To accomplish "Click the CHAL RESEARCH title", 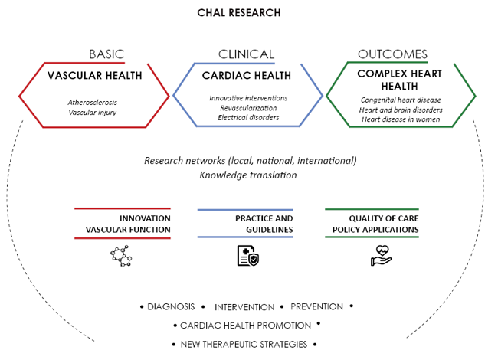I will tap(238, 13).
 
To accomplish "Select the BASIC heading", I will tap(106, 54).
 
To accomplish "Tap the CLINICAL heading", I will tap(246, 54).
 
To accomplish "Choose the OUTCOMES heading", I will tap(392, 54).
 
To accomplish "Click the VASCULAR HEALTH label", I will tap(94, 76).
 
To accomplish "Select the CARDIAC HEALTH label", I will tap(247, 76).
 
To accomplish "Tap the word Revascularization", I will tap(248, 108).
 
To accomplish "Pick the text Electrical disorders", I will tap(248, 118).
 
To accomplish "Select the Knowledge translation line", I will tap(248, 175).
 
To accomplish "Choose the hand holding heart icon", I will tap(381, 257).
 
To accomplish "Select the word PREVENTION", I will tap(316, 306).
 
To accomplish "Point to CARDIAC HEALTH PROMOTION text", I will tap(245, 326).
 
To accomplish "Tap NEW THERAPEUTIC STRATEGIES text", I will tap(244, 345).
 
